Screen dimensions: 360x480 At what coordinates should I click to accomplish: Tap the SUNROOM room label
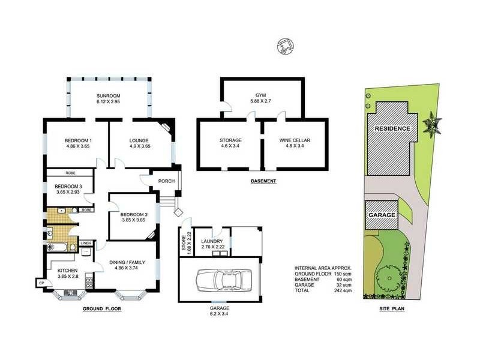point(109,96)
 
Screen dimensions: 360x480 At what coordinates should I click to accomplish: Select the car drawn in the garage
point(220,280)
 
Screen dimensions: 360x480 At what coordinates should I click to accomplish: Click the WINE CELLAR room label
point(295,140)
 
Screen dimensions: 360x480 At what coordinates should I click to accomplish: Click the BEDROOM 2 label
point(133,214)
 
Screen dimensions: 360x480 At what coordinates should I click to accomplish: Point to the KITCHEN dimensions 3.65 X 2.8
point(69,277)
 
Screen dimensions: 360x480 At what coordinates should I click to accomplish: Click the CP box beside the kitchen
point(41,283)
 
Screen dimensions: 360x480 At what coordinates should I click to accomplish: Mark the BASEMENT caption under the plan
point(262,181)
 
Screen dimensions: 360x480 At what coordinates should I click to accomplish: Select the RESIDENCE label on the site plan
point(392,128)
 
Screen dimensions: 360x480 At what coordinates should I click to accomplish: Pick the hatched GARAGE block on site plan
point(382,214)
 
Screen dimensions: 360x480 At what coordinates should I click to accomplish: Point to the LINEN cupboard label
point(86,243)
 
